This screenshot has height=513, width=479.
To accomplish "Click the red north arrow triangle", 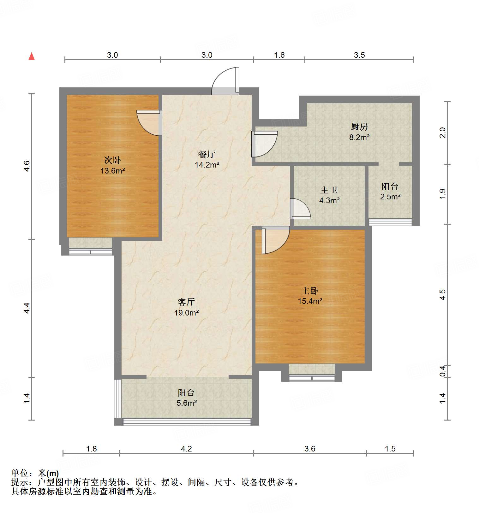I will click(x=32, y=56).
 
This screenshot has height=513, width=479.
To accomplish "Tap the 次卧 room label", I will click(x=112, y=160).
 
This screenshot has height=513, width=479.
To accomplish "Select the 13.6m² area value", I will click(x=113, y=171).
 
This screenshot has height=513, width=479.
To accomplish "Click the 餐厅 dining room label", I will click(x=207, y=154).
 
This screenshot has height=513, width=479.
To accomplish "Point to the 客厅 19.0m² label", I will click(x=186, y=308).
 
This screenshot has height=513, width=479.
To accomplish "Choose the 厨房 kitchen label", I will click(x=359, y=127).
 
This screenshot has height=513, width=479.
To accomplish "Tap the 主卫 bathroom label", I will click(x=329, y=190).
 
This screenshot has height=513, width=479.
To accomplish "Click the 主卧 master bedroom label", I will click(x=310, y=291).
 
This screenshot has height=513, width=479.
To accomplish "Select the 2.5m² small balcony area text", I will click(x=390, y=197).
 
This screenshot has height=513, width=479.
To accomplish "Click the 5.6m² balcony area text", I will click(x=187, y=403).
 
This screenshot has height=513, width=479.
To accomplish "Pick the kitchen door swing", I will click(x=265, y=144).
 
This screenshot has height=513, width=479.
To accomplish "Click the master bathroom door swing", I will click(x=300, y=209).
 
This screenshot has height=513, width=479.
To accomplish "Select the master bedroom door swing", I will click(x=275, y=240).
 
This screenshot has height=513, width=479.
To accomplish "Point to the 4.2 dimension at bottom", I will click(x=186, y=449).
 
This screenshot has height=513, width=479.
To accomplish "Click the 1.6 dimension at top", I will click(x=279, y=55).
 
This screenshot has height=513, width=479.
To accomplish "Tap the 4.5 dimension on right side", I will click(x=443, y=294).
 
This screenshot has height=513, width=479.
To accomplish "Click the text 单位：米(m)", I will click(x=35, y=473).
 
